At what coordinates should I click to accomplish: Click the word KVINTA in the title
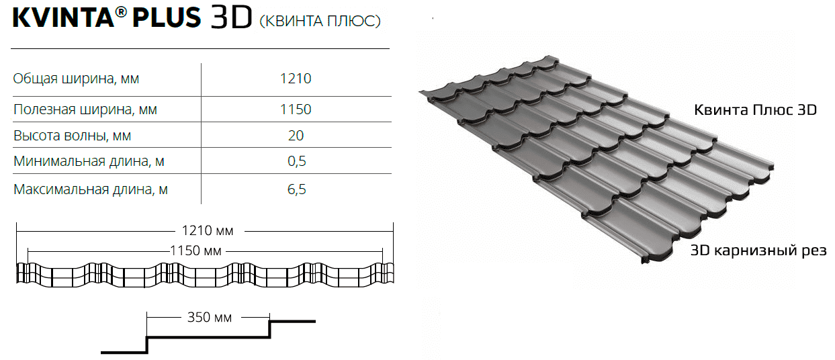pos(63,17)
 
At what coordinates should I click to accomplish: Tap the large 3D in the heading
pos(231,17)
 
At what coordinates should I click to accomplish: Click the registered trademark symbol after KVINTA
pos(121,12)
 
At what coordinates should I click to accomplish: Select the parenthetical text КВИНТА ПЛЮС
pos(320,21)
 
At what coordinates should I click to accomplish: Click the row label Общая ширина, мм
pos(76,79)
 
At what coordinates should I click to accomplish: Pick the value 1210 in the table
pos(296,79)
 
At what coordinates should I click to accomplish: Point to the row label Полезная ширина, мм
pos(85,109)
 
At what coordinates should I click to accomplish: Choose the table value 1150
pos(296,109)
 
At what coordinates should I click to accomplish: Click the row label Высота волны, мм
pos(73,136)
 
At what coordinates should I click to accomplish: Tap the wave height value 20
pos(296,135)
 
